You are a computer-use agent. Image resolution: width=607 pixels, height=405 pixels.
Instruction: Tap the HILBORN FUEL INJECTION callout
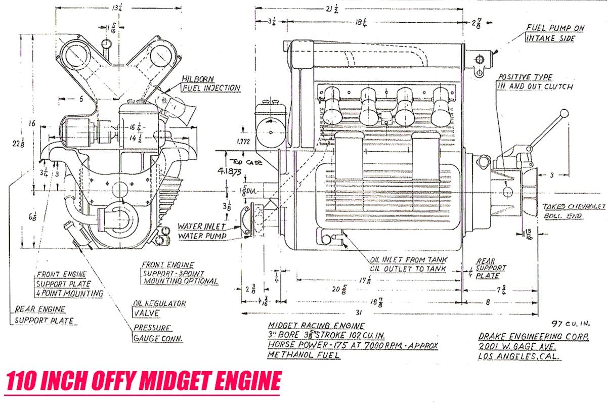tap(210, 84)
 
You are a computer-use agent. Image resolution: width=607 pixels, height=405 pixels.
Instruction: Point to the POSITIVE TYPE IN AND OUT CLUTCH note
tap(535, 81)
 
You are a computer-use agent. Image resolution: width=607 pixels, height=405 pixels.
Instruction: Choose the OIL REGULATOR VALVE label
tap(159, 308)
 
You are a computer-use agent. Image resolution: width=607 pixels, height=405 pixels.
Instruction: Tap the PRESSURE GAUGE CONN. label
tap(157, 333)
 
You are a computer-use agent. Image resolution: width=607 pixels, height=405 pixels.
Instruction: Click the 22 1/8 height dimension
tap(17, 144)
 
